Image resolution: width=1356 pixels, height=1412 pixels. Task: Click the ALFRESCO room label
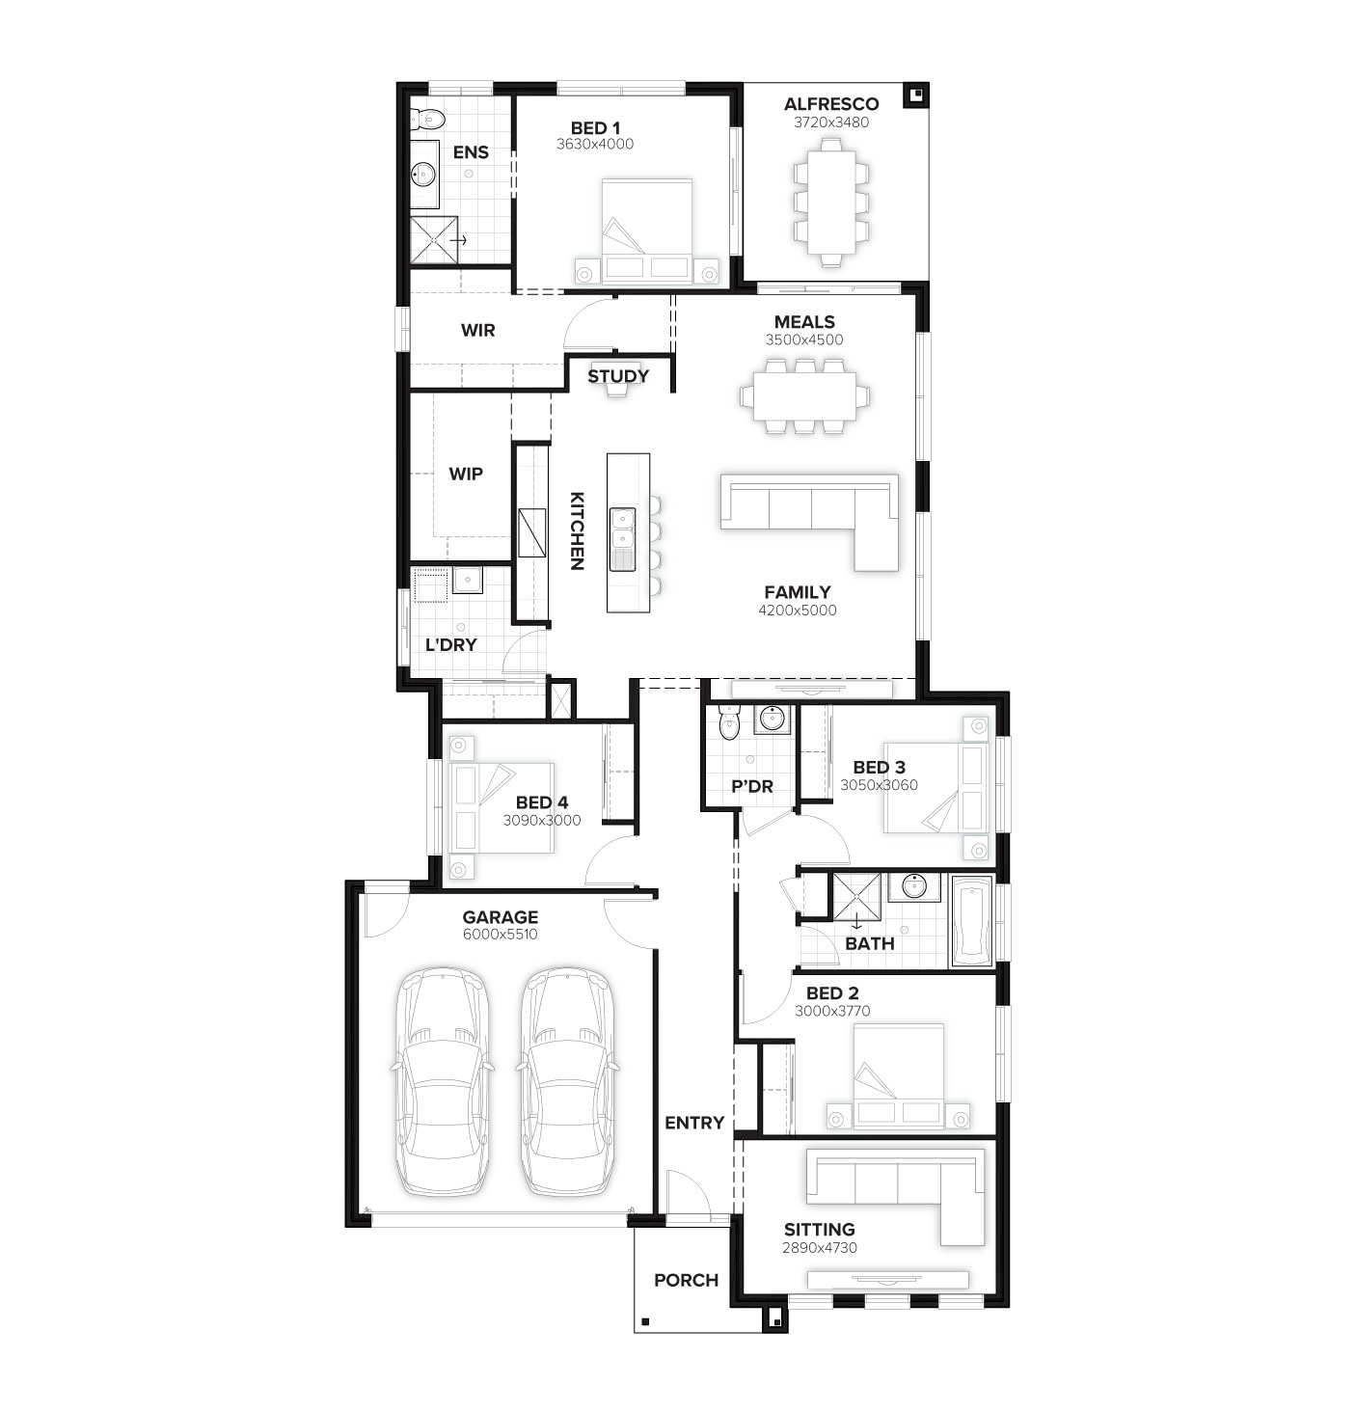(830, 104)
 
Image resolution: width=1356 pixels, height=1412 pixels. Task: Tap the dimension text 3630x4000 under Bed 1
(595, 145)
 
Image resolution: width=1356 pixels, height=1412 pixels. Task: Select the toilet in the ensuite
(426, 119)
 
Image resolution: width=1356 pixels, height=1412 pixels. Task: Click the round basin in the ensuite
(423, 174)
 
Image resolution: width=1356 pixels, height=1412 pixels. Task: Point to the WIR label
(478, 331)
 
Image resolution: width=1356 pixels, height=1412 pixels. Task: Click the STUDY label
(618, 376)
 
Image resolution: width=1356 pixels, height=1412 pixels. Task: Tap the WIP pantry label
(466, 475)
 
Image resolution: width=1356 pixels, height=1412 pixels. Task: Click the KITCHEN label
(577, 531)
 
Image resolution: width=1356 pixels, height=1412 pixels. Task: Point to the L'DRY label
(451, 645)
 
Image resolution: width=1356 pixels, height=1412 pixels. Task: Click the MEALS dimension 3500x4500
(804, 339)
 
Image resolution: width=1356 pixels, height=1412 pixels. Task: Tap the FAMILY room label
(798, 592)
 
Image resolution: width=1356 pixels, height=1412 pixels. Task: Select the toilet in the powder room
(728, 722)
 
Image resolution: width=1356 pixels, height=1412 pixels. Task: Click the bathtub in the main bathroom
(971, 922)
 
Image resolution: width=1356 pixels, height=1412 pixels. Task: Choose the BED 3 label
(880, 767)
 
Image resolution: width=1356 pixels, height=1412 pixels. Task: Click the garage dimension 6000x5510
(501, 935)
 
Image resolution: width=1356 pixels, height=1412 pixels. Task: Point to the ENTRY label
(694, 1124)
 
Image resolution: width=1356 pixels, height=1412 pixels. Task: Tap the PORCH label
(687, 1281)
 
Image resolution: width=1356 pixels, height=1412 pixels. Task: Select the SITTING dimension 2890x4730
(820, 1248)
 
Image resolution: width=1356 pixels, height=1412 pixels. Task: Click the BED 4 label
(542, 802)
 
